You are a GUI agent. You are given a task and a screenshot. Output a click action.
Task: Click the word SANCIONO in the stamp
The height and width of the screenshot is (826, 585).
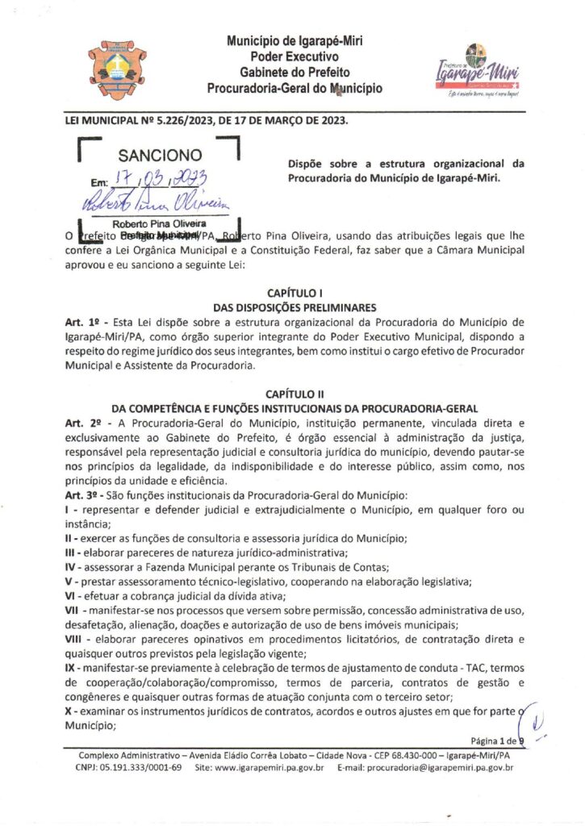click(x=160, y=155)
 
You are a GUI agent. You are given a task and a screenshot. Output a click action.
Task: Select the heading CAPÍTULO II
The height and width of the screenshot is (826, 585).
click(x=295, y=394)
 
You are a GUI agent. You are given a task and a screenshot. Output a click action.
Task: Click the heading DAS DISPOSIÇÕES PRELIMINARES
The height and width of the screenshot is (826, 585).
click(x=295, y=307)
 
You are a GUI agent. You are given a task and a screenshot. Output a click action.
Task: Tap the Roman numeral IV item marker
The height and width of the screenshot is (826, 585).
click(x=70, y=567)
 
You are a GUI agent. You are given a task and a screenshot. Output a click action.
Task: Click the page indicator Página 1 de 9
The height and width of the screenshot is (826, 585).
click(x=496, y=740)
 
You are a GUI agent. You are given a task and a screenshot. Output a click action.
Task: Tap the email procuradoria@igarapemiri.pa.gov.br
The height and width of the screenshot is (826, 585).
click(x=440, y=768)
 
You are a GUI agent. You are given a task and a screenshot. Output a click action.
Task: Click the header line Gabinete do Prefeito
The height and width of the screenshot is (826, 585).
click(x=295, y=73)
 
